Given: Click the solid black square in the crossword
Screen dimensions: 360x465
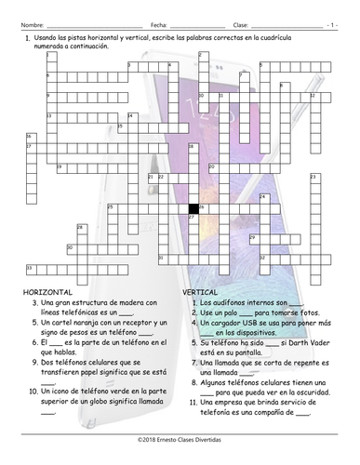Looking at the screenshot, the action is (193, 207).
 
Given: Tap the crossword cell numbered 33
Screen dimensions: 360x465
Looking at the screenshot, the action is (30, 269).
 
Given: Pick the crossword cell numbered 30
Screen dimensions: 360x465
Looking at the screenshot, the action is (71, 248).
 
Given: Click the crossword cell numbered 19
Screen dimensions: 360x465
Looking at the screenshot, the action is (60, 166).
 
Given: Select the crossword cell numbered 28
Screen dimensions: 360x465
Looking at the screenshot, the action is (81, 228).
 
